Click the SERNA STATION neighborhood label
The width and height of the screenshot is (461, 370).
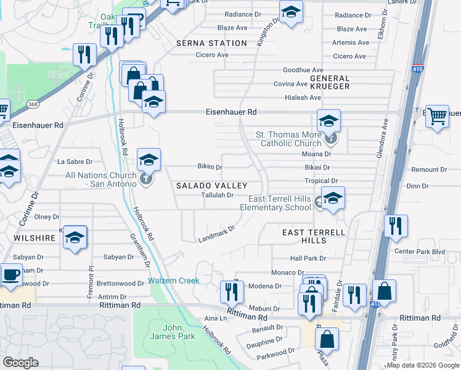pos(211,43)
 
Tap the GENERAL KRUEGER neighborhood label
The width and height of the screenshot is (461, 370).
pos(330,83)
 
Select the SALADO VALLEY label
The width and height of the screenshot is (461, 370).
pos(211,186)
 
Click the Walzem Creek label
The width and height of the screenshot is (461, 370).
pos(174,281)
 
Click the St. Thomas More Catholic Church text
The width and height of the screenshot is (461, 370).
pos(289,139)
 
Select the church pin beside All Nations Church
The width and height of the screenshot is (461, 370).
pos(145,179)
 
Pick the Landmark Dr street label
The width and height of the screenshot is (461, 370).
pos(216,234)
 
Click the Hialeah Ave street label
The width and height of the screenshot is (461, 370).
pos(303,97)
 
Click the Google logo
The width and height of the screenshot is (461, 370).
pos(21,363)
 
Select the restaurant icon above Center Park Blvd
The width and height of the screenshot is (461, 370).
pos(395,226)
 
